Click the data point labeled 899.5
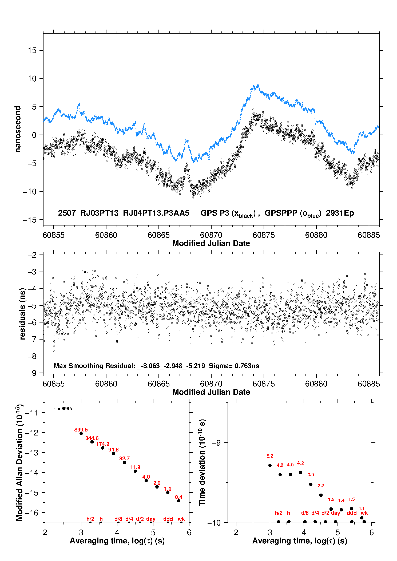coord(81,434)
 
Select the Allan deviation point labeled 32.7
coord(124,462)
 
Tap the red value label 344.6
coord(92,438)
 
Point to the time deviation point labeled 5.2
coord(270,465)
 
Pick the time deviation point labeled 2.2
coord(321,495)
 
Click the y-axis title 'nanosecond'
coord(18,129)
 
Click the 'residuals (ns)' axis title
coord(22,314)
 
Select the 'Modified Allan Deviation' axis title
coord(19,462)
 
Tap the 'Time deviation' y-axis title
coord(202,463)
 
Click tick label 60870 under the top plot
coord(211,235)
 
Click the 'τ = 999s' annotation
coord(63,409)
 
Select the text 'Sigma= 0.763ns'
coord(234,366)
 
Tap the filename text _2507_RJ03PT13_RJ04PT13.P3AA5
coord(121,213)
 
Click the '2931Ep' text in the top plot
coord(340,213)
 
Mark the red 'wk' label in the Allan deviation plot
coord(181,519)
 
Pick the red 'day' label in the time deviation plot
coord(336,513)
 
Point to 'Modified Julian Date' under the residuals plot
coord(211,392)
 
